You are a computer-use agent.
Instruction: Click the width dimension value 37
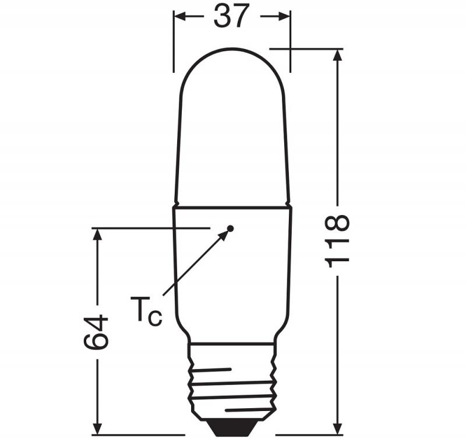[231, 16]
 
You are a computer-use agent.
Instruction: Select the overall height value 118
[338, 241]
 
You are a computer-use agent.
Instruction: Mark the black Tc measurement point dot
[230, 228]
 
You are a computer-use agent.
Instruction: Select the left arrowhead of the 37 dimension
[180, 17]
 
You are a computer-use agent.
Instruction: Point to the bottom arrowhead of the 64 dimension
[97, 429]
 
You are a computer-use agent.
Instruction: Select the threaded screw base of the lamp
[232, 379]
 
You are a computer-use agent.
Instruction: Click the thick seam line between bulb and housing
[232, 206]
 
